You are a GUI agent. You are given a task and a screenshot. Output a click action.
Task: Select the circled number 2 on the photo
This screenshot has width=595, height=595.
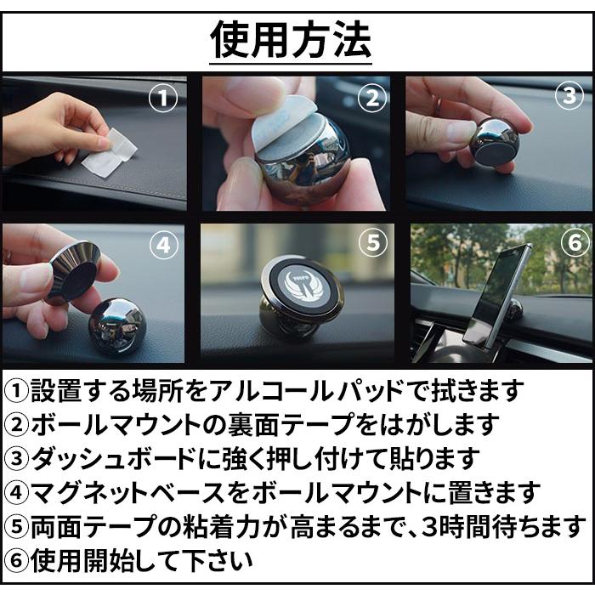[x=371, y=99]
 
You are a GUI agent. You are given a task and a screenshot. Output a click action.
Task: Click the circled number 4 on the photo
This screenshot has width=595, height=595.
[x=163, y=246]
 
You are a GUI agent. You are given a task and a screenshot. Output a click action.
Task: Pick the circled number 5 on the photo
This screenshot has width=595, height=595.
[x=371, y=244]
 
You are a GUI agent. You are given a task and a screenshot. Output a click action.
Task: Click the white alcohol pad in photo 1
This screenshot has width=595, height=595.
[x=110, y=154]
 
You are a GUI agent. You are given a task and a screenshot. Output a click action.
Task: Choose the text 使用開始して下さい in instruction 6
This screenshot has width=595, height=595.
[x=142, y=560]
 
